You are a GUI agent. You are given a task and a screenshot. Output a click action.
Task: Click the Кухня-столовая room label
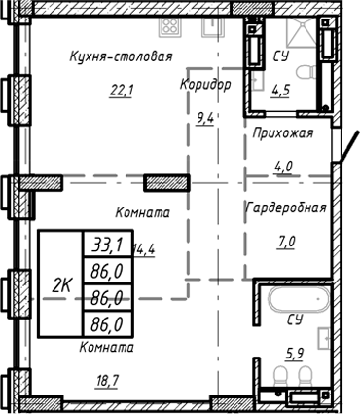(115, 56)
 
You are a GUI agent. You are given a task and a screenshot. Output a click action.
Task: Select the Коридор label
(205, 85)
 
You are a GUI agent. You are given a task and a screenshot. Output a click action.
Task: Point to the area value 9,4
(205, 120)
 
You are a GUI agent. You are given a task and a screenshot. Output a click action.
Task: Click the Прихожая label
(282, 134)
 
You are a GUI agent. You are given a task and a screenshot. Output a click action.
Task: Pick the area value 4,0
(284, 167)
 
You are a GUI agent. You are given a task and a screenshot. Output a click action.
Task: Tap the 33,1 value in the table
(99, 242)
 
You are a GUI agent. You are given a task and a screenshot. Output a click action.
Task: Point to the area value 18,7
(107, 380)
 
